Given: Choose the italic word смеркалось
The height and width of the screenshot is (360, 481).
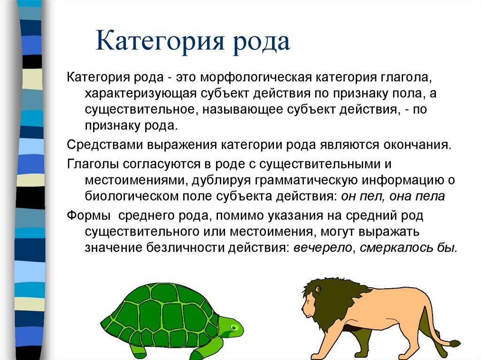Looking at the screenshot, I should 391,248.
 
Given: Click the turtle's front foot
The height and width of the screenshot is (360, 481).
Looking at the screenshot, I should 207,352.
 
